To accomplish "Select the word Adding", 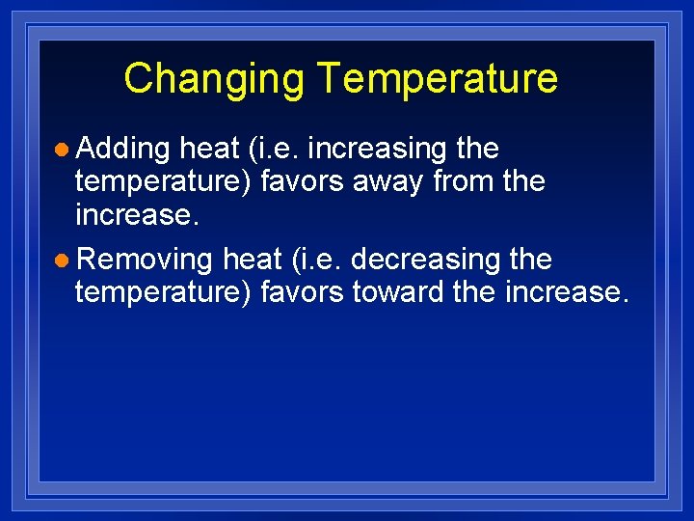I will click(123, 149).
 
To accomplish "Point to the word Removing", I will click(145, 259).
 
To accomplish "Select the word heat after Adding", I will click(210, 149).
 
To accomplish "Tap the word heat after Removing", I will click(253, 259).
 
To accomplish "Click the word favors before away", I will click(304, 180).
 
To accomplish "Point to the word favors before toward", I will click(304, 290).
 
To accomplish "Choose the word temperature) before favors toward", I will click(164, 290).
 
